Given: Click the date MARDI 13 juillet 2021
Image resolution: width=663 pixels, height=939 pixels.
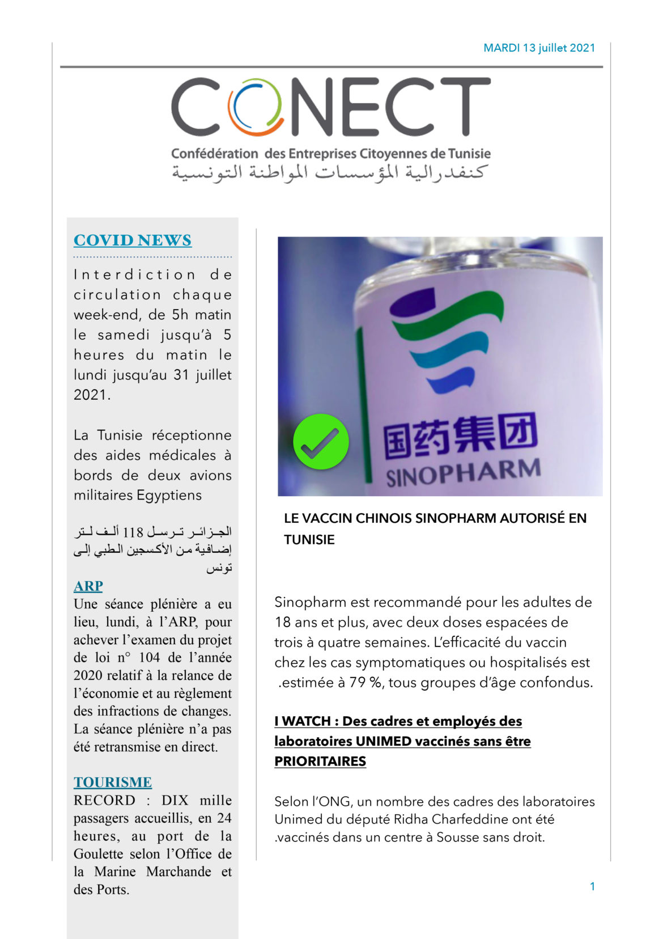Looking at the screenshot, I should tap(539, 48).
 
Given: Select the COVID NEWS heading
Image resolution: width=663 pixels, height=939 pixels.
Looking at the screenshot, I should tap(133, 240).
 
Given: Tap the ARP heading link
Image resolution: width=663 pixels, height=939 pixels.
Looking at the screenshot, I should tap(88, 586).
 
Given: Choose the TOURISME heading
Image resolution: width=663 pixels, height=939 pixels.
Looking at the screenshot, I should tap(113, 782).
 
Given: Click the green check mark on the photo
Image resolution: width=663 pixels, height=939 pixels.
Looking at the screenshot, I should tap(321, 442).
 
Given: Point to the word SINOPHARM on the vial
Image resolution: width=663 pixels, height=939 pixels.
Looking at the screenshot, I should tap(463, 473).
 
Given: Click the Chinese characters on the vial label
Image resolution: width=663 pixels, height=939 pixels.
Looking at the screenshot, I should tap(460, 437).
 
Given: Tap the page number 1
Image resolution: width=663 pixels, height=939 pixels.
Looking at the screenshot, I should tap(592, 886).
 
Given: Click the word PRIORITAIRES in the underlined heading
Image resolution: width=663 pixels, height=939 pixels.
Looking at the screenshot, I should tap(320, 761).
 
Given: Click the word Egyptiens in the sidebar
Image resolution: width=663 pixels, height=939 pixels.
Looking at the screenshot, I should tap(169, 495).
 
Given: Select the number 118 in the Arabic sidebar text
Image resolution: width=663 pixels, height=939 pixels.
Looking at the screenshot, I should tap(133, 532).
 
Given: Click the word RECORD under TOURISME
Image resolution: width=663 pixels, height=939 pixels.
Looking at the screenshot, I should tap(104, 800).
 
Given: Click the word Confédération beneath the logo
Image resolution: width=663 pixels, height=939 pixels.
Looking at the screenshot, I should tap(215, 154).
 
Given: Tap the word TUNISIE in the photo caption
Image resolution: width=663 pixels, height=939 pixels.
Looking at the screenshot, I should tap(309, 539).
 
